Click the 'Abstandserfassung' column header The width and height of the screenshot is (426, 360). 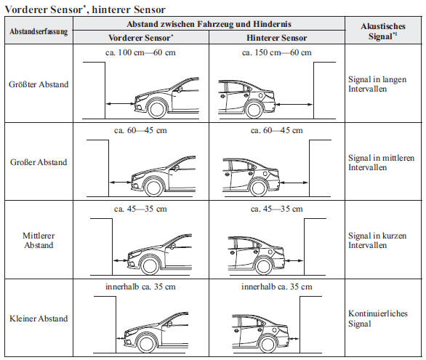39,31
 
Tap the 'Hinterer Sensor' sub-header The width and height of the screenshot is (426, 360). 276,38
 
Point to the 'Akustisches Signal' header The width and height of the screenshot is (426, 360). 383,31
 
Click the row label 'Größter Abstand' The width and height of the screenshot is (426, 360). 39,84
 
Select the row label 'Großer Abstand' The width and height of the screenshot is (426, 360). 39,162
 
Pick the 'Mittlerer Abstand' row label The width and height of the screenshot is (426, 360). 39,240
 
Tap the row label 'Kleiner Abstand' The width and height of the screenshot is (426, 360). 39,319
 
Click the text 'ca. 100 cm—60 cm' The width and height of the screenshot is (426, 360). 140,52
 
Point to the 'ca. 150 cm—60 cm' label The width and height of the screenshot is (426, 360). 276,52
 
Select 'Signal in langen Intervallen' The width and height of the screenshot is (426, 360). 377,84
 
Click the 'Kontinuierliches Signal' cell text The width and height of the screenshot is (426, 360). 378,319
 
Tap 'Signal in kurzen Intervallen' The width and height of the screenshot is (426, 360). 377,240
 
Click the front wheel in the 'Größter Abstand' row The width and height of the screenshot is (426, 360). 157,109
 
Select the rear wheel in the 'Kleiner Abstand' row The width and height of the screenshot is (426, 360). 268,344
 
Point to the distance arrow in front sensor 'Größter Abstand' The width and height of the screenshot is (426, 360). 120,103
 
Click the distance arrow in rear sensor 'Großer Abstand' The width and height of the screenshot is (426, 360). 294,183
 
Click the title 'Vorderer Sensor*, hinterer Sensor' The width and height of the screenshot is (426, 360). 85,9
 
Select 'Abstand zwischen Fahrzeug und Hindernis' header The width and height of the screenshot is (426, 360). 209,24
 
